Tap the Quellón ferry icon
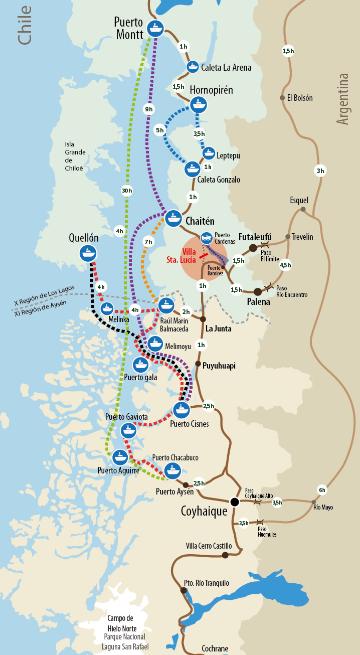point(88,253)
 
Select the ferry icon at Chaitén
point(173,218)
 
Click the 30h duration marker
point(127,190)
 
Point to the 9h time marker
point(149,109)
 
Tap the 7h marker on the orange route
point(148,242)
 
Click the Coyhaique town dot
point(234,502)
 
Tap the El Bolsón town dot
point(282,98)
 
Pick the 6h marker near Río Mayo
point(321,490)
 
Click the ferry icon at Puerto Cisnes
point(181,410)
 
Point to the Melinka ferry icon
point(107,309)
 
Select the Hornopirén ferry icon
point(199,104)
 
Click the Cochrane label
point(215,648)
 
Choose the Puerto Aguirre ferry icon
point(119,457)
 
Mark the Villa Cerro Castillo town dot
point(225,555)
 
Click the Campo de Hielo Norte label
point(122,623)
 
